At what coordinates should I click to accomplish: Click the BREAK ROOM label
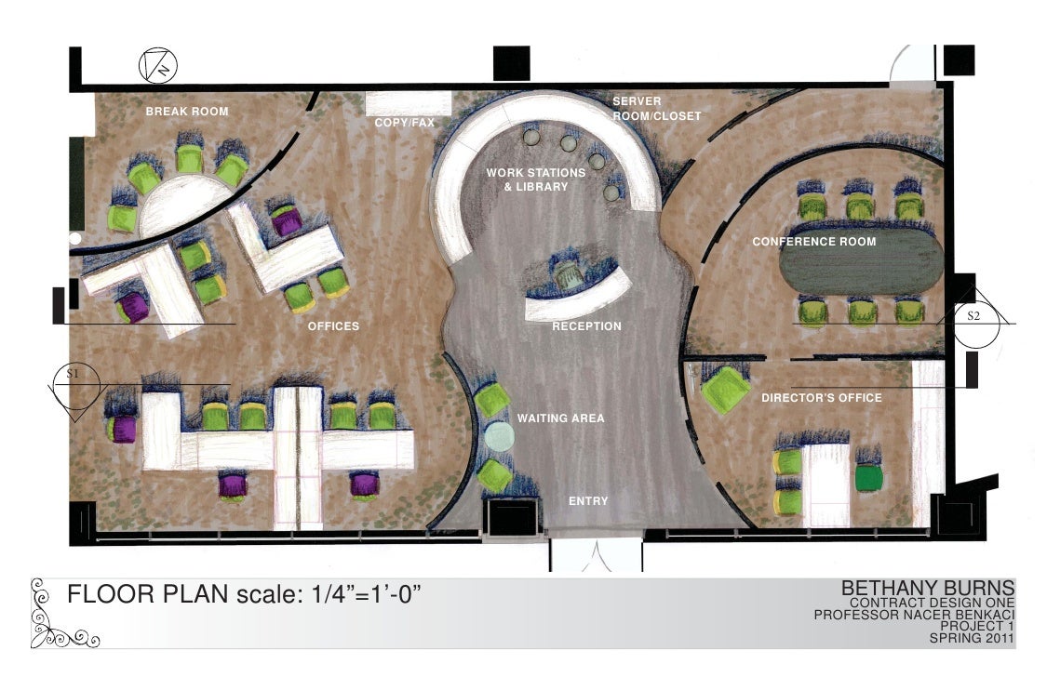187,112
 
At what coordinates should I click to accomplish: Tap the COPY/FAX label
404,123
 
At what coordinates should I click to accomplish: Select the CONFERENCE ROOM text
814,242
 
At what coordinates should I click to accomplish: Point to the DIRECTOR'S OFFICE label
821,397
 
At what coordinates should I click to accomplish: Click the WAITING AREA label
561,418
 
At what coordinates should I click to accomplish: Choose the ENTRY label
588,501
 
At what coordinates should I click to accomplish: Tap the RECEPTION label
586,326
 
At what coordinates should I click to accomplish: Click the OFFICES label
333,326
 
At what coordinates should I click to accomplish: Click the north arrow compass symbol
158,65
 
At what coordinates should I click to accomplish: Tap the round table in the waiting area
499,436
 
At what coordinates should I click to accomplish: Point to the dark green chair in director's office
868,478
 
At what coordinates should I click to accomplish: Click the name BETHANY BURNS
928,588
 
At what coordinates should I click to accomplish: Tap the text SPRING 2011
972,638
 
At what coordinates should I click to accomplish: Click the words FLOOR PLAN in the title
148,593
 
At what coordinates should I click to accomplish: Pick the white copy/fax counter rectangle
408,104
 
